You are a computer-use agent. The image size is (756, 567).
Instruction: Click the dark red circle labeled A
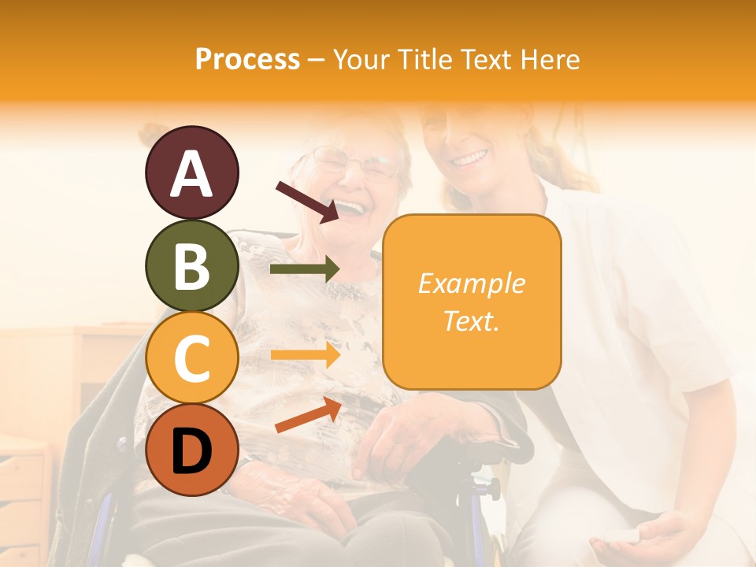[x=191, y=172]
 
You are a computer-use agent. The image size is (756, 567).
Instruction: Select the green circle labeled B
[x=191, y=265]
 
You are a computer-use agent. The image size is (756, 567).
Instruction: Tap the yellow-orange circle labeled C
[x=191, y=358]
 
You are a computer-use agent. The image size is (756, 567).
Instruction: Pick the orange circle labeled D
[x=191, y=450]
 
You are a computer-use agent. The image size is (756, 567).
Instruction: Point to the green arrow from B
[x=304, y=269]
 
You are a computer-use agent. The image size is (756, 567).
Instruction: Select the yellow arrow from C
[x=304, y=355]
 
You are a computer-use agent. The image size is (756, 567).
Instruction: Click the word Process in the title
[x=247, y=59]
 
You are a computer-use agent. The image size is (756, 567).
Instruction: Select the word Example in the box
[x=471, y=283]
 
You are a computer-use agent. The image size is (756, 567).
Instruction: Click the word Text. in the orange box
[x=471, y=321]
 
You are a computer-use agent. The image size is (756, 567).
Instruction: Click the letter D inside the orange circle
[x=191, y=451]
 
